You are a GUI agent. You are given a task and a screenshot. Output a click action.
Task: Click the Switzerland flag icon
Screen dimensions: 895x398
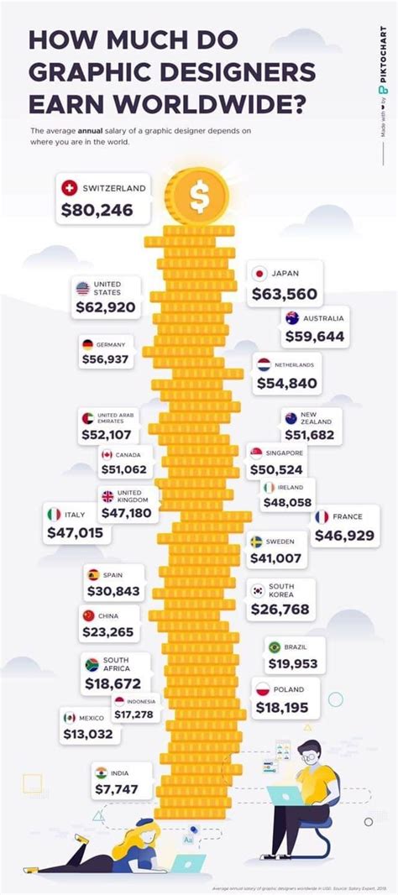click(x=70, y=188)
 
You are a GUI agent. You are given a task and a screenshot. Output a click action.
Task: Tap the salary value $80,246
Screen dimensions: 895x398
click(x=97, y=210)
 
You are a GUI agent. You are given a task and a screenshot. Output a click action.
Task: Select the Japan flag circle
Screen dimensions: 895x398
click(x=259, y=273)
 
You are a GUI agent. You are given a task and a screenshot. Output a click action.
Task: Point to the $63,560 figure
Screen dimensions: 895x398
click(x=285, y=295)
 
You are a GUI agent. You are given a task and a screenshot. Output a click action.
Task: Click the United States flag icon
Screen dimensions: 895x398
click(x=82, y=289)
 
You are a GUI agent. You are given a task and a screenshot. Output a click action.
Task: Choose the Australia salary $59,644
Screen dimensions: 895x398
click(x=314, y=337)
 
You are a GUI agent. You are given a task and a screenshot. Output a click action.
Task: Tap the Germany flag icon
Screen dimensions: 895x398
click(x=87, y=344)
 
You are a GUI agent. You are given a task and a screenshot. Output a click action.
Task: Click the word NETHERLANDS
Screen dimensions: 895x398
click(x=294, y=365)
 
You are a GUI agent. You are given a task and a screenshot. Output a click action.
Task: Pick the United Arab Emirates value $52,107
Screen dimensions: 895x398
click(x=107, y=435)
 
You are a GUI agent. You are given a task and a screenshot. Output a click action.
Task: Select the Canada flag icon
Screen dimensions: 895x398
click(x=107, y=455)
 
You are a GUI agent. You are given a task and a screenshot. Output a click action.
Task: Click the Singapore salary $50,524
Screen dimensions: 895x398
click(x=280, y=468)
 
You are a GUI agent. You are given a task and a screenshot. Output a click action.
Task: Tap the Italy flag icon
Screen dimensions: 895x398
click(x=54, y=514)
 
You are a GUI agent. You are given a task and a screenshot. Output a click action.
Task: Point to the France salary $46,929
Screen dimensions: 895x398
click(x=344, y=534)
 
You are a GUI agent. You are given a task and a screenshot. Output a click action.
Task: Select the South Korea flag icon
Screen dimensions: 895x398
click(x=256, y=590)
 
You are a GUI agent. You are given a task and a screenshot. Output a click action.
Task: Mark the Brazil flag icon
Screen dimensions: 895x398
click(x=274, y=646)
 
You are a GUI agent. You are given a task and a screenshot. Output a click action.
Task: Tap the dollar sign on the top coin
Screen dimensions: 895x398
click(x=199, y=196)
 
